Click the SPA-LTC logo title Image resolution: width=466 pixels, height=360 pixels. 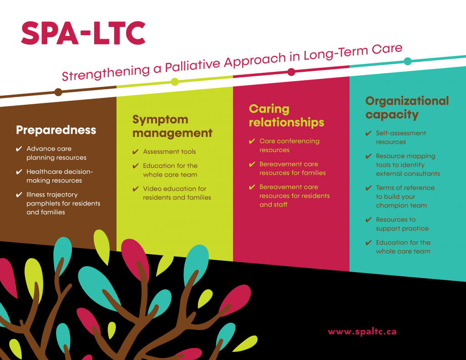point(83,33)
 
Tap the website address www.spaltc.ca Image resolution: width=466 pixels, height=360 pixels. point(362,332)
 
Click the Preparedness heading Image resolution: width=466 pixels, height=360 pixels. point(56,130)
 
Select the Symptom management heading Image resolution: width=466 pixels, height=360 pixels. point(172,127)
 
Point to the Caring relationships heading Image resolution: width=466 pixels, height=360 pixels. point(287,116)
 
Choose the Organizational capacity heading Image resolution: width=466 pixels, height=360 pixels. point(407,107)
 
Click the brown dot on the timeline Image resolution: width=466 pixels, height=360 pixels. point(58,92)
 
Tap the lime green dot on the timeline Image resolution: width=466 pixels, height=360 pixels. point(175,82)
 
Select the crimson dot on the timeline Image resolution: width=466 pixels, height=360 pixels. point(291,72)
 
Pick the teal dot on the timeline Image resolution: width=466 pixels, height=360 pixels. point(408,61)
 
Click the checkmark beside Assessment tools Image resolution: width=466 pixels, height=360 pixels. point(136,152)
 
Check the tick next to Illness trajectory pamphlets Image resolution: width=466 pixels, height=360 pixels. point(19,195)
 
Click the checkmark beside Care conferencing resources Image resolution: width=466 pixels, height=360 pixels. point(252,141)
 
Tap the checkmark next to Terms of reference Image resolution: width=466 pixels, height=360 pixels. point(369,188)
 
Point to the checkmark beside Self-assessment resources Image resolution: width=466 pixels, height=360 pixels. point(369,133)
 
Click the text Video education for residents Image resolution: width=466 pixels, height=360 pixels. point(177,193)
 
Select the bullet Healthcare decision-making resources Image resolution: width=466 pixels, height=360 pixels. point(60,176)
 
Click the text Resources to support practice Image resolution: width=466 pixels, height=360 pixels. point(402,224)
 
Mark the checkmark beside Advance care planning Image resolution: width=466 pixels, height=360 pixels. point(19,149)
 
